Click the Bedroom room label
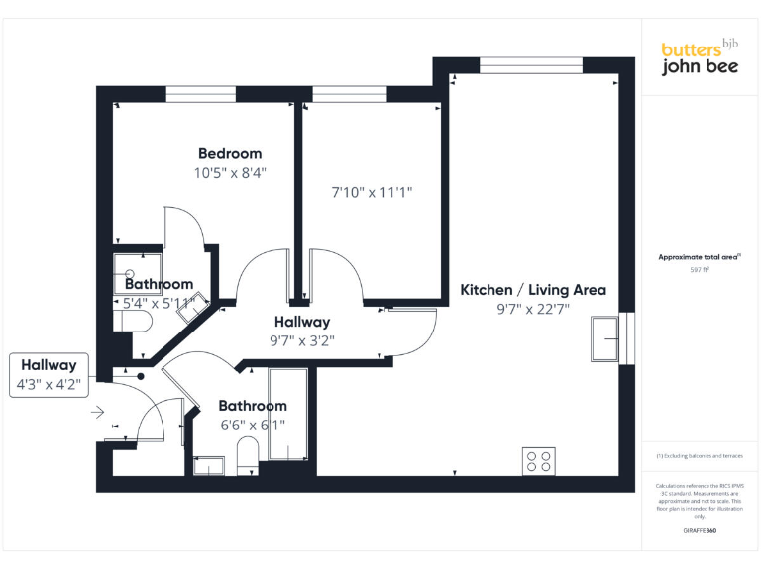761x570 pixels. [x=230, y=153]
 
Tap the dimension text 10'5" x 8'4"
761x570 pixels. [x=230, y=172]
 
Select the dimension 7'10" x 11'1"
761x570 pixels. [x=372, y=192]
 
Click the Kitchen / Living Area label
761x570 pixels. [x=533, y=290]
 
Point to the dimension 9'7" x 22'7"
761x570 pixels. [x=533, y=309]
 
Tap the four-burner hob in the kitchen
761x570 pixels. [x=538, y=461]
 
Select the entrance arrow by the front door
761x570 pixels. [x=97, y=412]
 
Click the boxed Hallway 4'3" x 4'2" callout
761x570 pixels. [x=49, y=375]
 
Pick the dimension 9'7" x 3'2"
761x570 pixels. [x=301, y=340]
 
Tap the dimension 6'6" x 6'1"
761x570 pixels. [x=253, y=425]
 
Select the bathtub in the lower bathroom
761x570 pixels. [x=288, y=415]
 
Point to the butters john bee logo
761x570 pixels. [x=700, y=57]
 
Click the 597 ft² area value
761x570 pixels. [x=700, y=269]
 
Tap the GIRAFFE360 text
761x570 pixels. [x=700, y=531]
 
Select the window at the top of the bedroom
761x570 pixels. [x=201, y=94]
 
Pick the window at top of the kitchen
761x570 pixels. [x=529, y=65]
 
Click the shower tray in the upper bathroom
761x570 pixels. [x=130, y=268]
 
